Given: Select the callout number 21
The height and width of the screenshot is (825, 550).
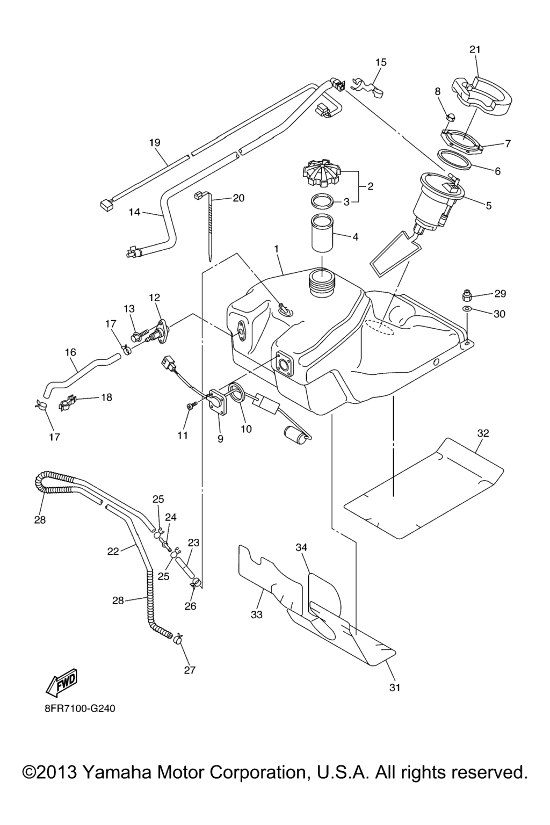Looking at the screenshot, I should pyautogui.click(x=475, y=49).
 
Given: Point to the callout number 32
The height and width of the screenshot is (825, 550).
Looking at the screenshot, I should pyautogui.click(x=483, y=433).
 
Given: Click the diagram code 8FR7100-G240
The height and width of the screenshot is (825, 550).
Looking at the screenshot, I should pyautogui.click(x=80, y=708).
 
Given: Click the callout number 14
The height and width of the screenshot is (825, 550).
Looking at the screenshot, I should pyautogui.click(x=134, y=212).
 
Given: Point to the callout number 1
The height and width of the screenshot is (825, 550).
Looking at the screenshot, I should pyautogui.click(x=276, y=249).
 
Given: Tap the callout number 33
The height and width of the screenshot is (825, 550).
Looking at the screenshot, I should pyautogui.click(x=257, y=614).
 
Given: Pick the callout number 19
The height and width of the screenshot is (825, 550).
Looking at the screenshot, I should pyautogui.click(x=155, y=143).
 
